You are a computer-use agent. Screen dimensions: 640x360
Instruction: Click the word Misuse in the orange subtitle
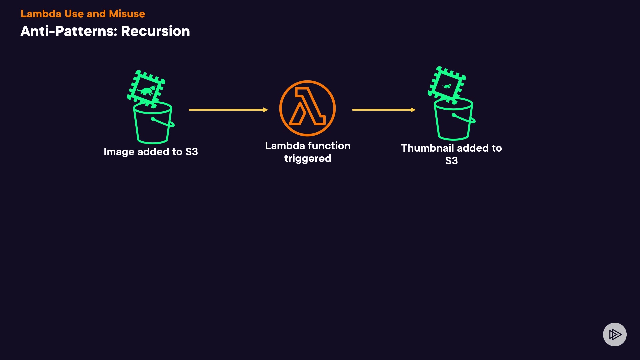click(127, 14)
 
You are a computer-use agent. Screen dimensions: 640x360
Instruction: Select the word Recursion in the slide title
click(155, 31)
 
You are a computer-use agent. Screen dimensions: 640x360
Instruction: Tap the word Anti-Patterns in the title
click(68, 31)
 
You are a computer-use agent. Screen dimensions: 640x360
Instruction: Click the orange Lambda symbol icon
click(307, 108)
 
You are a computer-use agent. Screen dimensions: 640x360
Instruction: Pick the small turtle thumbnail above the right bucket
click(447, 85)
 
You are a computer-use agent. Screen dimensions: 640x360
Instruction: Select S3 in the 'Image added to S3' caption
click(191, 152)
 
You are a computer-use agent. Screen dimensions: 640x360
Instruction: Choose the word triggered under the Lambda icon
click(308, 159)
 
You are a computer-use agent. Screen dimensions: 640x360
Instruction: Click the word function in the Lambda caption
click(329, 146)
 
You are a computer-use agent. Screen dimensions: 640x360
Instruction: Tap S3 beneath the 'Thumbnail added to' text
click(451, 161)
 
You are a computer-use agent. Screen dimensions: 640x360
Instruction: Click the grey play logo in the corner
click(615, 334)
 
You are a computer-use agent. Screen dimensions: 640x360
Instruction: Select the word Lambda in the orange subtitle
click(41, 14)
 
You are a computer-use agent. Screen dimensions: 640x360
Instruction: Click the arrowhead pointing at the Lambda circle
click(266, 110)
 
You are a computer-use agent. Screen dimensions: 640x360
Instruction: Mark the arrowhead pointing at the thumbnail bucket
click(413, 110)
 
